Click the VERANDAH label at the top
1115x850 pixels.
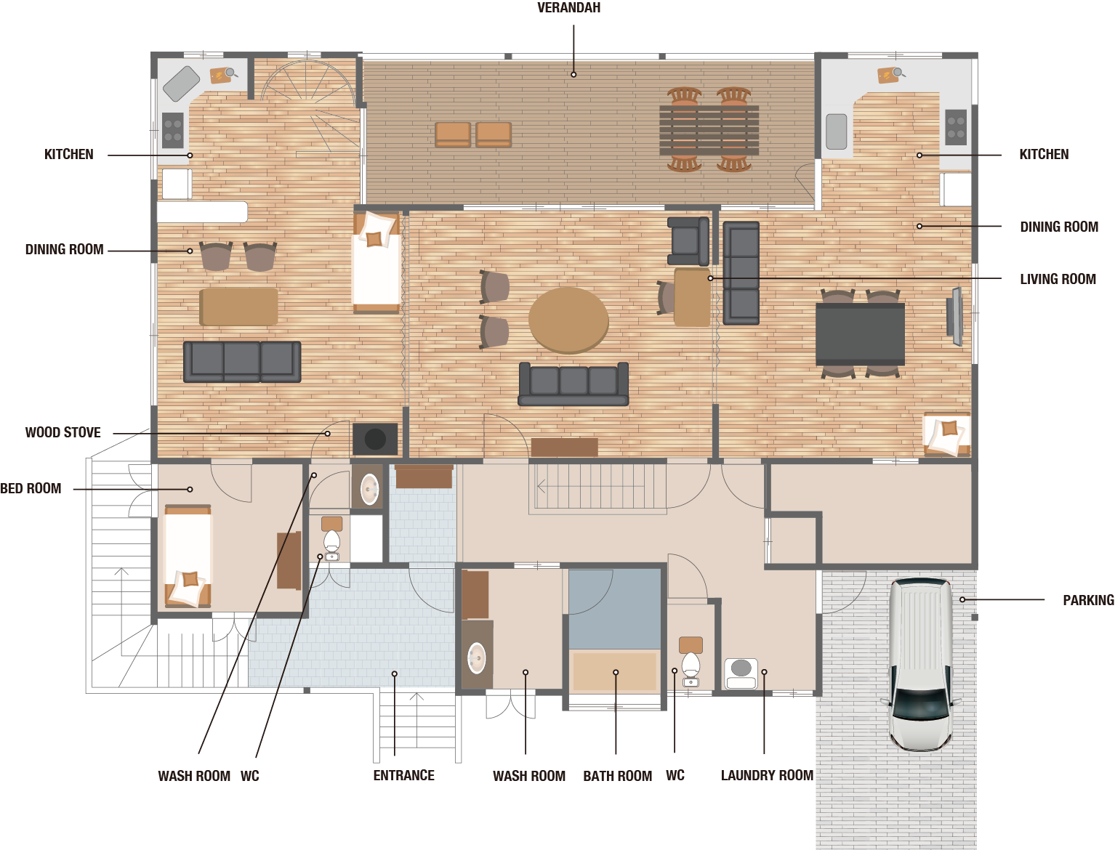pyautogui.click(x=568, y=7)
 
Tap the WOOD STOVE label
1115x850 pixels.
pyautogui.click(x=63, y=432)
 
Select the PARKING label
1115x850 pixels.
pyautogui.click(x=1088, y=600)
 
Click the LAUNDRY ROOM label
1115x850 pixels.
pyautogui.click(x=767, y=775)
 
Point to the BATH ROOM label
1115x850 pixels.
pyautogui.click(x=617, y=776)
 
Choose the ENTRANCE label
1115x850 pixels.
pyautogui.click(x=404, y=775)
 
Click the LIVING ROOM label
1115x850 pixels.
pyautogui.click(x=1058, y=279)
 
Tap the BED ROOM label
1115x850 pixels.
pyautogui.click(x=31, y=488)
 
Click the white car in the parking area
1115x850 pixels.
pyautogui.click(x=920, y=665)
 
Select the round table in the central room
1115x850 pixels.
pyautogui.click(x=568, y=320)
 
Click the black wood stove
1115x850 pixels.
pyautogui.click(x=375, y=440)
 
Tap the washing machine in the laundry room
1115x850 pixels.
pyautogui.click(x=741, y=673)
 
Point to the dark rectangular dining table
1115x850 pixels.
pyautogui.click(x=860, y=333)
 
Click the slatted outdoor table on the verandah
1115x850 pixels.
pyautogui.click(x=709, y=130)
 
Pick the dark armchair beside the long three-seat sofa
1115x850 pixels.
pyautogui.click(x=688, y=241)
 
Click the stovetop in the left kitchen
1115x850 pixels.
pyautogui.click(x=172, y=130)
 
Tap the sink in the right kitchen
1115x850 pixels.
pyautogui.click(x=836, y=131)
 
